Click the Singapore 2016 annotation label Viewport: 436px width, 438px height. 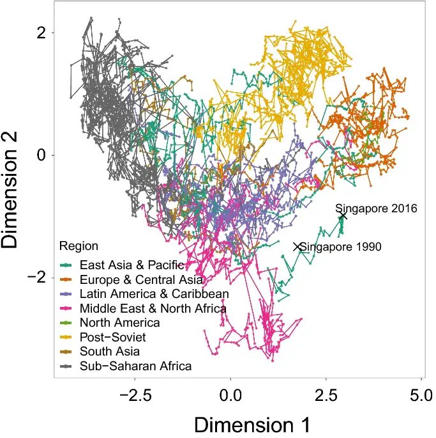(x=376, y=208)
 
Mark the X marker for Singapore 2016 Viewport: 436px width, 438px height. (x=343, y=215)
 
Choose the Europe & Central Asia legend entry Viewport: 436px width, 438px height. (x=141, y=279)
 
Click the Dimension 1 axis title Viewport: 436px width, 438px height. (x=252, y=425)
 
